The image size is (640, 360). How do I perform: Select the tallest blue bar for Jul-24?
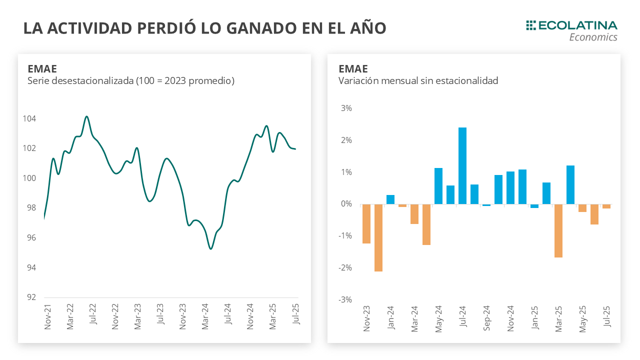coord(462,165)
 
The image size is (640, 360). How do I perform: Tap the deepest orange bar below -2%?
coord(378,237)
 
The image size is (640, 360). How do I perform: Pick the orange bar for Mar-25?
coord(558,230)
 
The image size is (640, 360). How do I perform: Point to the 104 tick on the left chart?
coord(29,119)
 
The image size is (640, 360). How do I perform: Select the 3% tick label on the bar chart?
coord(346,108)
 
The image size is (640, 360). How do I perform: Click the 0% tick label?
coord(346,204)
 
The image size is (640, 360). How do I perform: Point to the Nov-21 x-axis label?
coord(48,317)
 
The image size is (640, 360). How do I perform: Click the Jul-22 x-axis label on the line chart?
coord(92,317)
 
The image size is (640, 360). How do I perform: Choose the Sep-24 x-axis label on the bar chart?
coord(486,317)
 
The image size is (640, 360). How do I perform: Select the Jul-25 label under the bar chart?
coord(606,316)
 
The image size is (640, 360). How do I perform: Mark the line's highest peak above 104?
coord(86,116)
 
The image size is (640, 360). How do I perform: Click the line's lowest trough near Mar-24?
coord(210,248)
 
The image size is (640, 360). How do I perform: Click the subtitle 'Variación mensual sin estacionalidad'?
coord(418,81)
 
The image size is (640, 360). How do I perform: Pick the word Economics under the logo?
coord(593,37)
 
